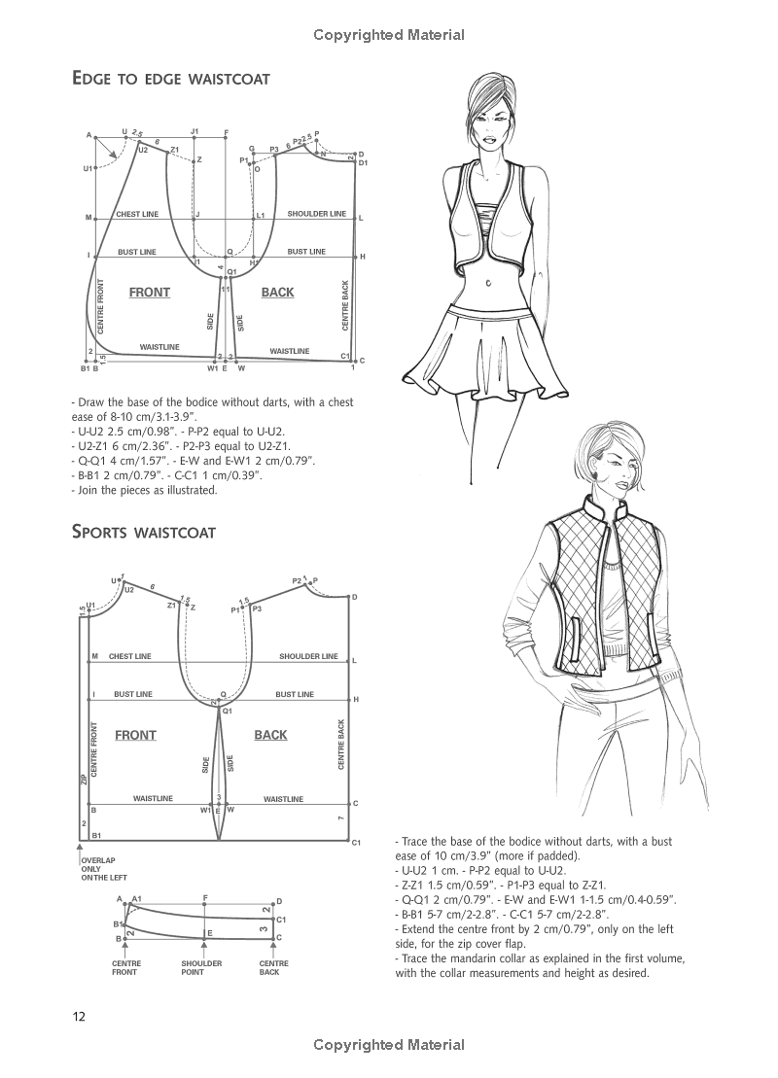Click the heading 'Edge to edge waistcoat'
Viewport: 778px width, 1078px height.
click(x=170, y=79)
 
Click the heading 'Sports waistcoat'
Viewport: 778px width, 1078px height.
click(x=143, y=532)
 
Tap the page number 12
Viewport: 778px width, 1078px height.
click(x=79, y=1017)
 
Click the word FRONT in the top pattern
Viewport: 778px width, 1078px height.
click(x=149, y=293)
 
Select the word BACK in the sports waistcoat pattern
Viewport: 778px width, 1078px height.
click(x=270, y=735)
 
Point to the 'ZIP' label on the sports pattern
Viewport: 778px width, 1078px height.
click(x=84, y=779)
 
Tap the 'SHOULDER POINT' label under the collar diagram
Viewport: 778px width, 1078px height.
click(x=201, y=967)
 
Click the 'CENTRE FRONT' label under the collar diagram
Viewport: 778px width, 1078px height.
click(x=124, y=967)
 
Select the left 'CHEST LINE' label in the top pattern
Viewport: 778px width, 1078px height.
click(x=137, y=214)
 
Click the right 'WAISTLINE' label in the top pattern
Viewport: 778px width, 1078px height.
click(x=289, y=351)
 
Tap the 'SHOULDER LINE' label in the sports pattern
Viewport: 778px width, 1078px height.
click(x=308, y=656)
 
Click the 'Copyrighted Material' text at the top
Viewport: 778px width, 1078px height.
click(x=389, y=35)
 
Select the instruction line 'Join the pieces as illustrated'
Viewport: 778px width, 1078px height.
click(x=146, y=490)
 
